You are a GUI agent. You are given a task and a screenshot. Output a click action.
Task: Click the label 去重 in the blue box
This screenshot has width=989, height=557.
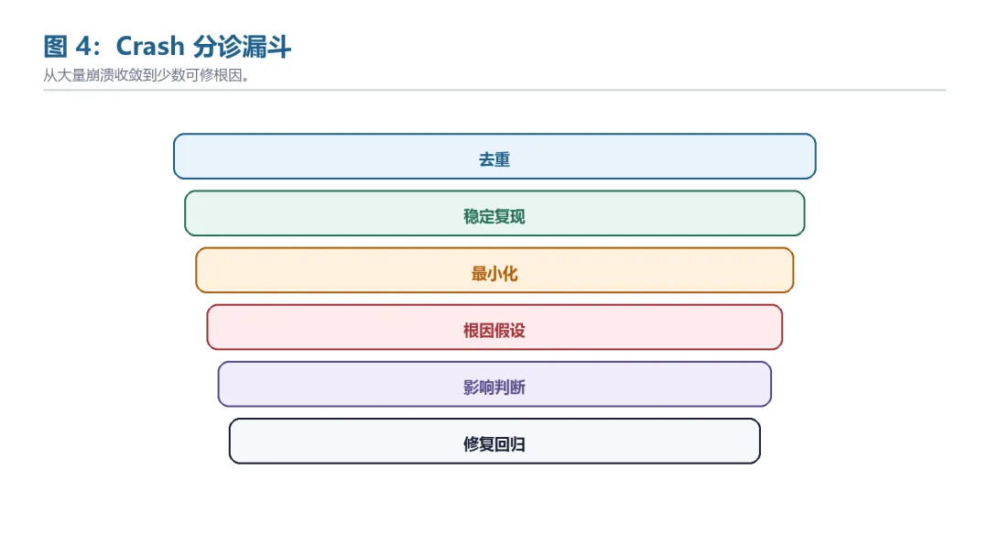(x=494, y=159)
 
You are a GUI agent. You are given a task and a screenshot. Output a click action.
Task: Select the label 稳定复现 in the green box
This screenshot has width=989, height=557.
(x=494, y=216)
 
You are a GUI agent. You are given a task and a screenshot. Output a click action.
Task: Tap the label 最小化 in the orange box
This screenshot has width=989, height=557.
(x=494, y=274)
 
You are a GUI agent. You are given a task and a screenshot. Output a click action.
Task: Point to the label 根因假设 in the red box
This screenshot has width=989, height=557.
(x=494, y=331)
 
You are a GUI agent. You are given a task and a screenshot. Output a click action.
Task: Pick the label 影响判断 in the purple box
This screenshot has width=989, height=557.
(x=494, y=388)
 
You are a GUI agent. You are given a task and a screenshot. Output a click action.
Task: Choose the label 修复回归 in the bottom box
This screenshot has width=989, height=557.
(x=494, y=444)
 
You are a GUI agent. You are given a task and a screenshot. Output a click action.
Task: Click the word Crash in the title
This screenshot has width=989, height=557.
(x=150, y=47)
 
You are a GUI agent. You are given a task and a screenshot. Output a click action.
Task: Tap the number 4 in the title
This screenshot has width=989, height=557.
(x=84, y=47)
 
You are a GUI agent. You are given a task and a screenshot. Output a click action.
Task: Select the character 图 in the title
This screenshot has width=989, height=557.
(x=56, y=47)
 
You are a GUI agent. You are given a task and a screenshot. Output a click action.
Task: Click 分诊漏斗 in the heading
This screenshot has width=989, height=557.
(x=242, y=47)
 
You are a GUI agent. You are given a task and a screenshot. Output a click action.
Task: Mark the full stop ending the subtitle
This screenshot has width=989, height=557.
(x=245, y=79)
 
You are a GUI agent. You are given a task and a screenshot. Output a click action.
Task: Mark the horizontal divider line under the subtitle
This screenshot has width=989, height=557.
(x=494, y=90)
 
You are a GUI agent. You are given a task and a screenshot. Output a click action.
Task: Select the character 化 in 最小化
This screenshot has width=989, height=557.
(x=510, y=274)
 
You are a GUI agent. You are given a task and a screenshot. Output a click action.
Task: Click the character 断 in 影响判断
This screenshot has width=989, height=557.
(x=517, y=388)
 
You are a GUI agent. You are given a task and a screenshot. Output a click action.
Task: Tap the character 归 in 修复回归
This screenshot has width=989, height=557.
(x=517, y=444)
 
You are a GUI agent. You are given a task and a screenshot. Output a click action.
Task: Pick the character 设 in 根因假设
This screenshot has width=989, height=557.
(x=517, y=331)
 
